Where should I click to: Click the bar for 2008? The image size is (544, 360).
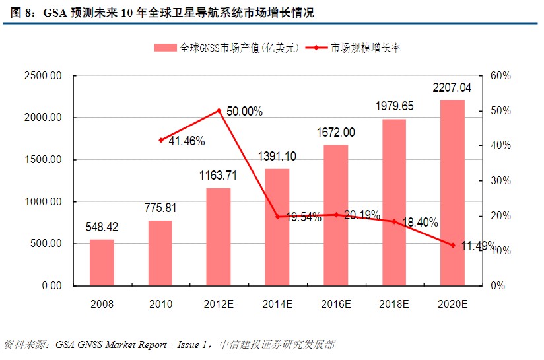point(102,262)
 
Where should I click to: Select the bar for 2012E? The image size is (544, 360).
point(219,236)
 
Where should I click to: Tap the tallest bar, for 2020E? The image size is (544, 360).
point(452,193)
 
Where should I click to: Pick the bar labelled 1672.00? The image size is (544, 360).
point(335,215)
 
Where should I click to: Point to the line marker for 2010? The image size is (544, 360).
point(160,140)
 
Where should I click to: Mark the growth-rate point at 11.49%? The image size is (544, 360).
point(452,245)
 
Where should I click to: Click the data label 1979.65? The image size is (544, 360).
point(394,106)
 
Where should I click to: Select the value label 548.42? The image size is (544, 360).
point(102,227)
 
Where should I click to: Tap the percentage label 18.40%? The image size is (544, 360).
point(419,223)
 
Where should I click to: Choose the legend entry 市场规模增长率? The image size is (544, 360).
point(366,48)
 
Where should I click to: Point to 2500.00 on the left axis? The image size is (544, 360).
point(43,76)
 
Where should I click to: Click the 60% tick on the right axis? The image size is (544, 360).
point(501,76)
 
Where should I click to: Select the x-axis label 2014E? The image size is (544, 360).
point(277,304)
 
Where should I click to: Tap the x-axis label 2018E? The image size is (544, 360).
point(394,304)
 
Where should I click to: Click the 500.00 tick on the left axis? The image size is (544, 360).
point(46,244)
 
